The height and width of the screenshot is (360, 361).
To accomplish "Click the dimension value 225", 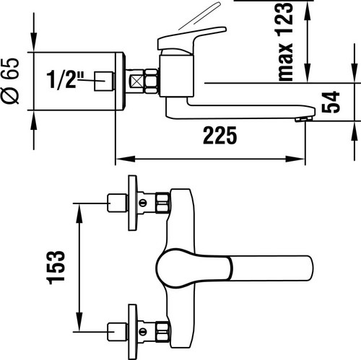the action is tap(220, 136).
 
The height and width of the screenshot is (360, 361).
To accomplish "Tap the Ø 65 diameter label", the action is tap(10, 81).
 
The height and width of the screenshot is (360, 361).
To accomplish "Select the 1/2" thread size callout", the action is tap(65, 80).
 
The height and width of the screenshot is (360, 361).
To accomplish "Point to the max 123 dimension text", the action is tap(286, 41).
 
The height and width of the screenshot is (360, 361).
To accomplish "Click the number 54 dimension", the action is tap(331, 102).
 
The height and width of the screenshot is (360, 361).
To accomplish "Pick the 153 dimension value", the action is tap(56, 268).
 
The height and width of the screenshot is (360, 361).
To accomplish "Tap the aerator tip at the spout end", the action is tap(305, 119).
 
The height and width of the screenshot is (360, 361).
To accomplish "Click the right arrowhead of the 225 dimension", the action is tap(295, 159).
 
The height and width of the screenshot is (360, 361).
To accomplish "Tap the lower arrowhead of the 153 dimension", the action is tap(79, 322).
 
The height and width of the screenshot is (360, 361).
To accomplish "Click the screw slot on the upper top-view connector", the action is tap(143, 203).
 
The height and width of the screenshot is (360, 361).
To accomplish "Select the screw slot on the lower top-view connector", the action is tap(143, 332).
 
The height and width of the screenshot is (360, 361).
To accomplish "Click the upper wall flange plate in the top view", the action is tap(133, 203).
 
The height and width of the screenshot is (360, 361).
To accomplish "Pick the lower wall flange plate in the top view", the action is tap(133, 332).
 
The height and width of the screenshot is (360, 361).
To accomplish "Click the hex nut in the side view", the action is tap(152, 81).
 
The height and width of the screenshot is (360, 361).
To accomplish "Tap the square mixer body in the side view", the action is tap(176, 76).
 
